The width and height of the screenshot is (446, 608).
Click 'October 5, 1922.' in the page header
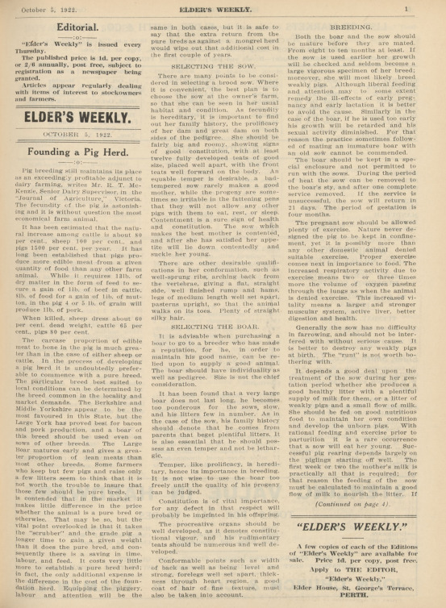coord(50,7)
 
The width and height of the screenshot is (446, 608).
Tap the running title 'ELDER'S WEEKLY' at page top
coord(223,7)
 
